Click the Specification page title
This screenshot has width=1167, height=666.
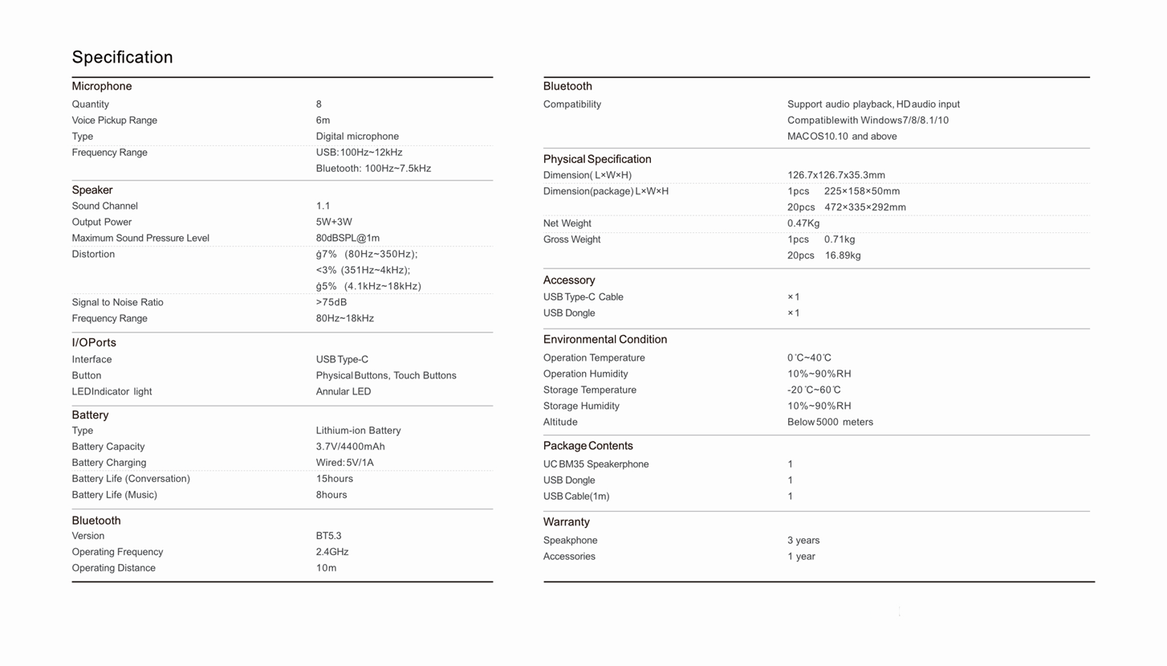pyautogui.click(x=122, y=57)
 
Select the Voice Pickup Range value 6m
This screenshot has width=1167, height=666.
pyautogui.click(x=323, y=121)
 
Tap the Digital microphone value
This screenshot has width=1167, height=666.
pyautogui.click(x=357, y=137)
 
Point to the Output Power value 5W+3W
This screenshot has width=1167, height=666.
pyautogui.click(x=334, y=223)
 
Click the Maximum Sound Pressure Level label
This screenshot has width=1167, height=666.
pyautogui.click(x=140, y=239)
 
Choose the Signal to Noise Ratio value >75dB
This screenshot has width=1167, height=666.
pyautogui.click(x=331, y=303)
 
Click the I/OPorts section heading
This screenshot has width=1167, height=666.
pyautogui.click(x=94, y=343)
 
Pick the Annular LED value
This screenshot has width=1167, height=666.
pyautogui.click(x=344, y=392)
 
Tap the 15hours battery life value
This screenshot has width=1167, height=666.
pyautogui.click(x=335, y=479)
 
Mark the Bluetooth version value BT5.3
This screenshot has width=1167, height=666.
pyautogui.click(x=328, y=536)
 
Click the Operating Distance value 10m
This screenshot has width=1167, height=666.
pyautogui.click(x=326, y=568)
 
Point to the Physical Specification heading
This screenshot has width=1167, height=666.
pyautogui.click(x=597, y=159)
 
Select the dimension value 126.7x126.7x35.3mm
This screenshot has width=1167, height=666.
pyautogui.click(x=836, y=175)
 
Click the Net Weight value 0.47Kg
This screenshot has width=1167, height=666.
pyautogui.click(x=803, y=223)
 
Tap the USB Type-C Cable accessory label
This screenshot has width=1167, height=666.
pyautogui.click(x=583, y=297)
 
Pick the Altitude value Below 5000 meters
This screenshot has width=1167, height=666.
pyautogui.click(x=830, y=423)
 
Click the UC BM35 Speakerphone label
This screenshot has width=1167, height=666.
pyautogui.click(x=596, y=464)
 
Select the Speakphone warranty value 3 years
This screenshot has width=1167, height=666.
pyautogui.click(x=803, y=541)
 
